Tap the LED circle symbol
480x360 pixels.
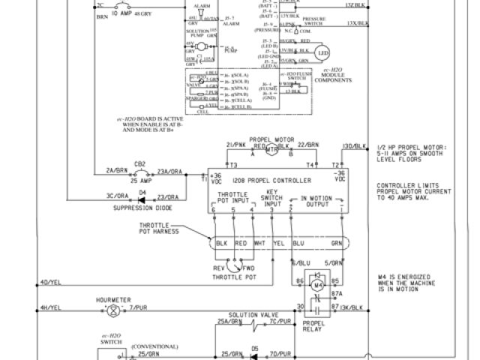pyautogui.click(x=323, y=52)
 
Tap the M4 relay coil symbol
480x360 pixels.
pyautogui.click(x=316, y=285)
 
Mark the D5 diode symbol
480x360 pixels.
pyautogui.click(x=254, y=351)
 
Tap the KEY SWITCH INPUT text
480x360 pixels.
pyautogui.click(x=272, y=199)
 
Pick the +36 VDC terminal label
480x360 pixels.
pyautogui.click(x=216, y=181)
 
